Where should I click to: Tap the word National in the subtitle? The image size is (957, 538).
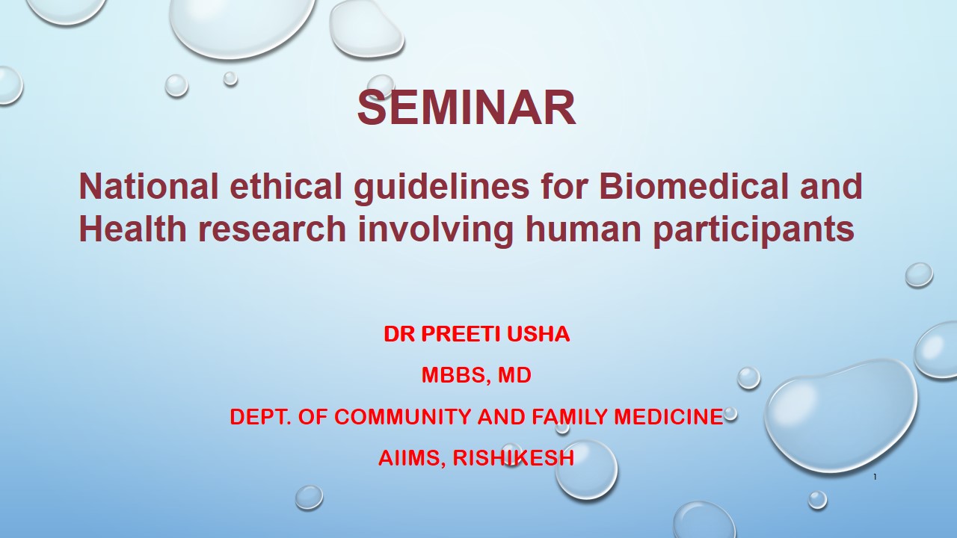click(149, 186)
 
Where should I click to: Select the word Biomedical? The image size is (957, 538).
click(694, 186)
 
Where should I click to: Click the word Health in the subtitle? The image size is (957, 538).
click(133, 229)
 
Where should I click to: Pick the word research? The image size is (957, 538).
click(272, 231)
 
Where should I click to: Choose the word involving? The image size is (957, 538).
click(435, 232)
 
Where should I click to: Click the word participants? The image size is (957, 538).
click(754, 232)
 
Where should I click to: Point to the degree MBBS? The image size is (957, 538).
click(453, 376)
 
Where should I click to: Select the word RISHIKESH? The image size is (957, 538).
click(513, 458)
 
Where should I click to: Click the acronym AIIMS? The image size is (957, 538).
click(412, 459)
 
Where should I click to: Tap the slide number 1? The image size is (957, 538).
click(875, 477)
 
